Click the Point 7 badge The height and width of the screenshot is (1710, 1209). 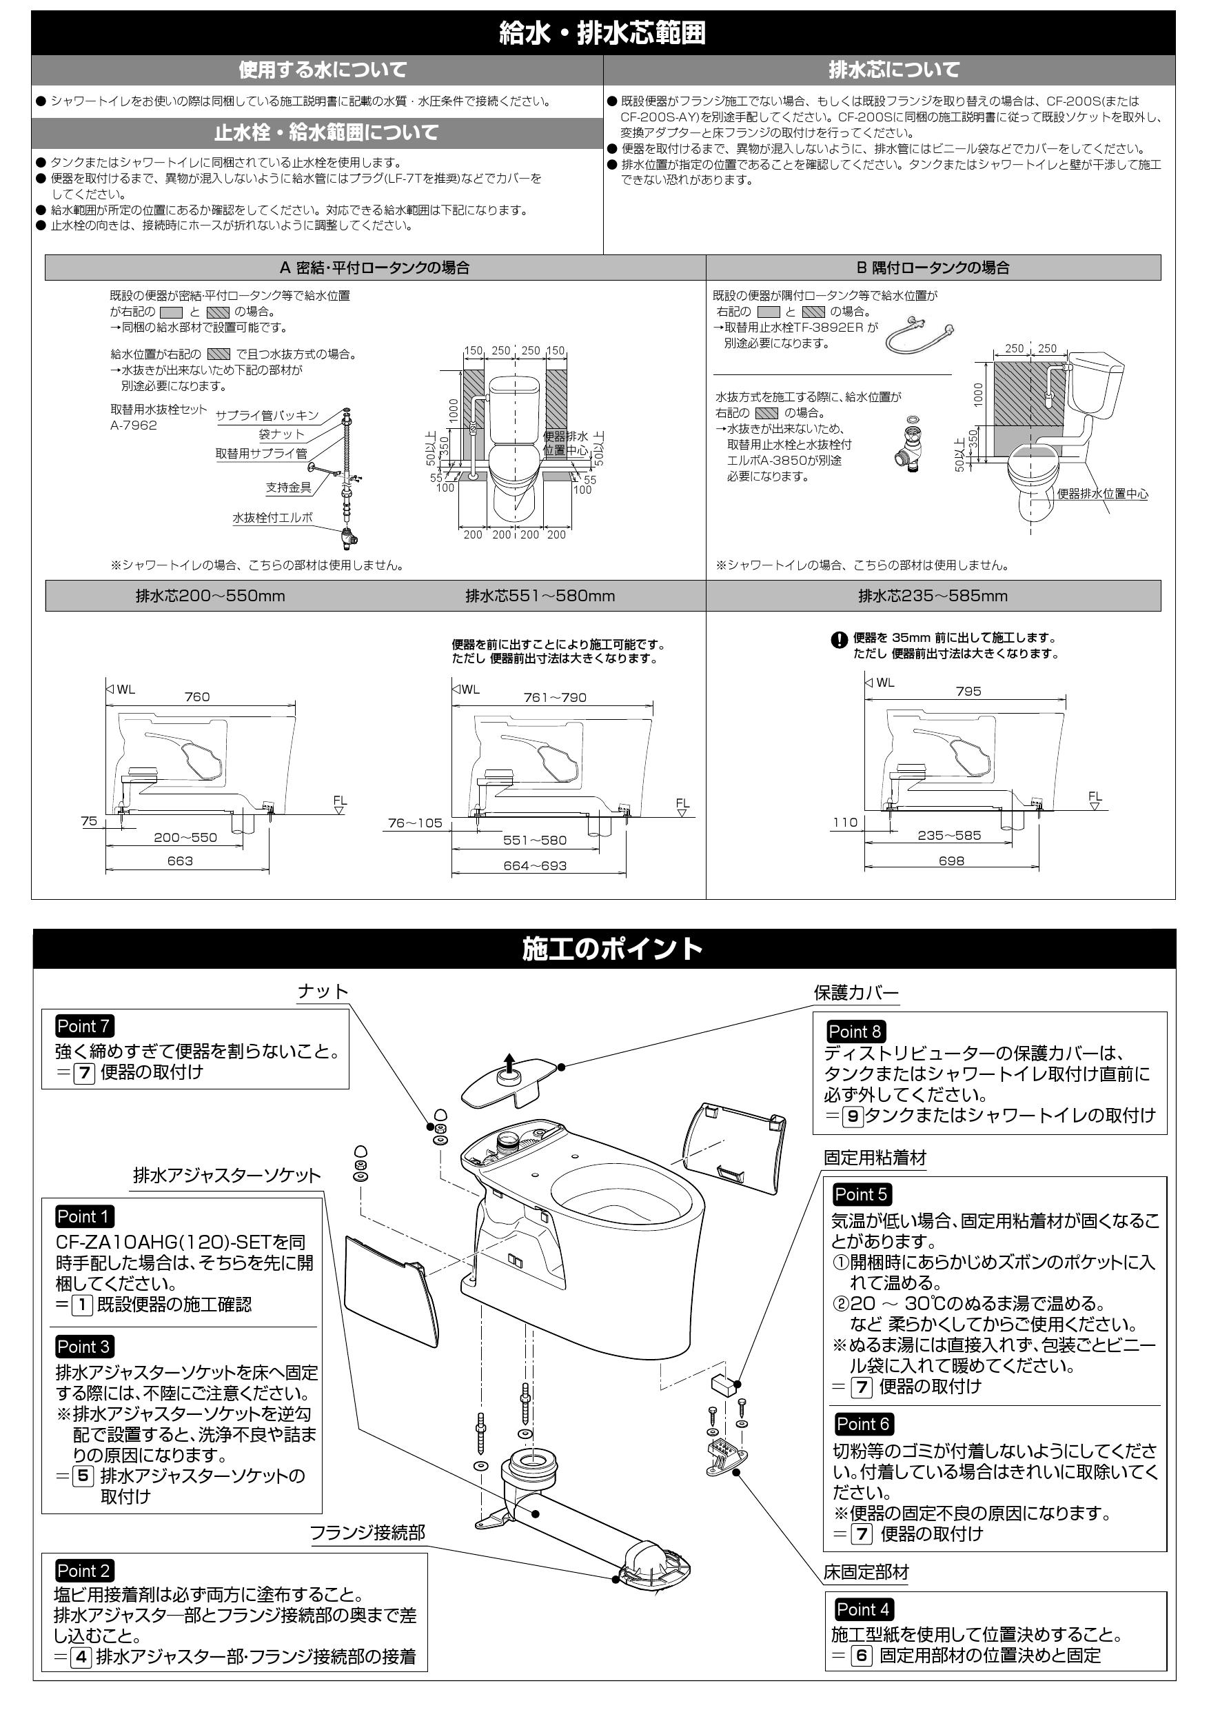pos(83,1025)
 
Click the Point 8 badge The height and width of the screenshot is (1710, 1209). pos(855,1032)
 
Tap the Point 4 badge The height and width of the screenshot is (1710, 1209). pos(863,1609)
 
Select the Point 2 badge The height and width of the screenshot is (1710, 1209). pos(83,1571)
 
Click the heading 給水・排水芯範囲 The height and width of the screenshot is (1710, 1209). pos(602,34)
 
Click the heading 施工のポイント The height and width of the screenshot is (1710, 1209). pos(612,948)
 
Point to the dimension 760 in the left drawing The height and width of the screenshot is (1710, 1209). pos(196,697)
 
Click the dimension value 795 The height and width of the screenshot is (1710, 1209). pos(968,691)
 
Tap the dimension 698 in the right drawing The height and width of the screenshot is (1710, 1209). pos(951,861)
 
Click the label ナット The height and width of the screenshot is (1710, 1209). pos(323,992)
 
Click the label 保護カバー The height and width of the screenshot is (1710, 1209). pos(856,993)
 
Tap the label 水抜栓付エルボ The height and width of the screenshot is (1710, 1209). pos(272,517)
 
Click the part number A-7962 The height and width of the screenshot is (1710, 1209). pos(133,425)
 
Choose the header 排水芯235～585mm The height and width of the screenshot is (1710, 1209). pos(932,596)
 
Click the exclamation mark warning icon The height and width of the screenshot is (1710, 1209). pos(839,640)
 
